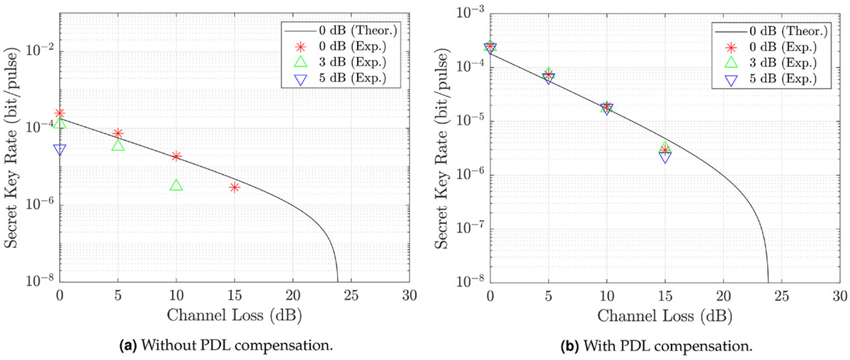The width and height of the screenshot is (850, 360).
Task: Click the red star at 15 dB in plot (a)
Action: [234, 187]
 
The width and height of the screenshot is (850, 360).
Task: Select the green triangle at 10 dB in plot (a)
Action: [177, 185]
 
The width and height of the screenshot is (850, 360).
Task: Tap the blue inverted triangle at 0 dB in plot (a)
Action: [60, 150]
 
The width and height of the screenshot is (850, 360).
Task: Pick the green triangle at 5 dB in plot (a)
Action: [118, 146]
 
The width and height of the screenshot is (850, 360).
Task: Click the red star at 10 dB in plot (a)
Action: [177, 156]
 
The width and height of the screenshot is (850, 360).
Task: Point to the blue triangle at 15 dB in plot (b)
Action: [665, 157]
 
